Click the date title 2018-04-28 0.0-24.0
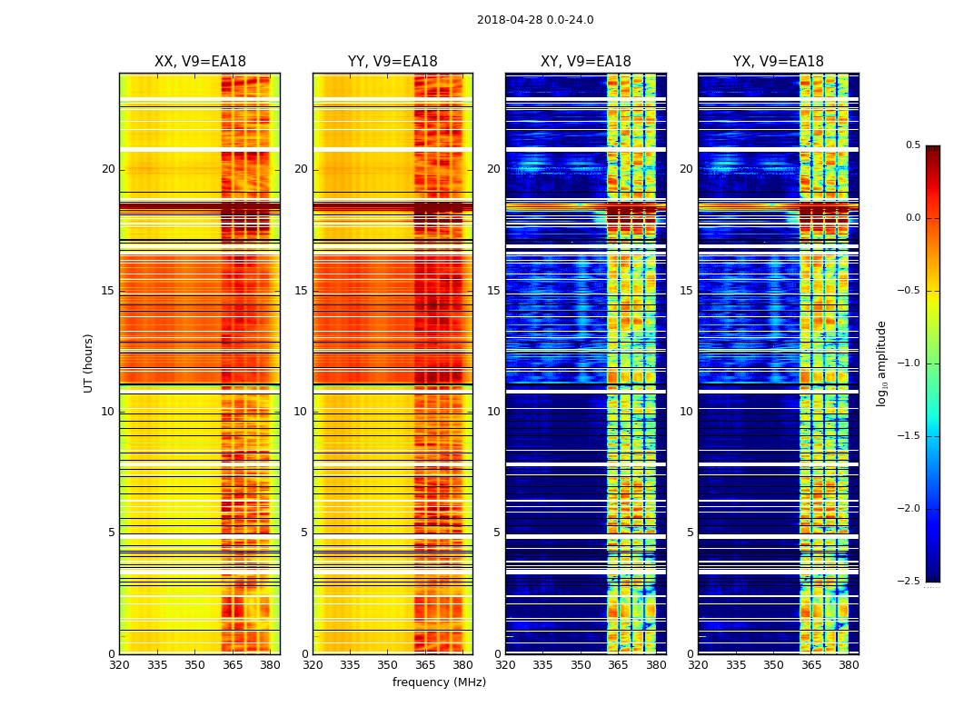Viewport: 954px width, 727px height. (x=535, y=20)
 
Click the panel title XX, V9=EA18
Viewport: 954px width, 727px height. (x=200, y=62)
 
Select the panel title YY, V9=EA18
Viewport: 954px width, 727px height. (x=393, y=62)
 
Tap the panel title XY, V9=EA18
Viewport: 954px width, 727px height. (x=585, y=62)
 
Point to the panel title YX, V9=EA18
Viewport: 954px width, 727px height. (x=778, y=62)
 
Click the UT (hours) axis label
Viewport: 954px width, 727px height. (x=89, y=363)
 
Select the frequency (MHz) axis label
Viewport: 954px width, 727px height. (x=439, y=682)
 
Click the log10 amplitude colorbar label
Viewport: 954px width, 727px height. (x=880, y=363)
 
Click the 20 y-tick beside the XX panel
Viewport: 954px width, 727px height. (x=108, y=169)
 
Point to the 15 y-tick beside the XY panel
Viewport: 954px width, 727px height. (x=493, y=291)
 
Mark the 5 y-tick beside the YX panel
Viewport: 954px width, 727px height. (x=690, y=533)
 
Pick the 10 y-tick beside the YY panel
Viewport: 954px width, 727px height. (x=301, y=412)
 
